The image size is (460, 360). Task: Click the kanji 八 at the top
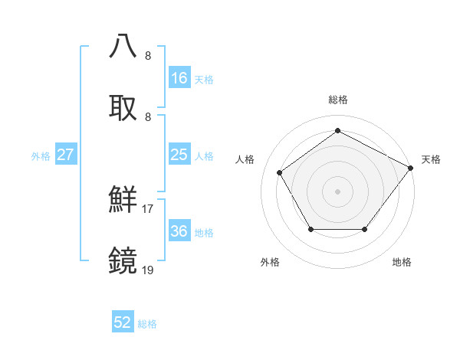[x=123, y=45]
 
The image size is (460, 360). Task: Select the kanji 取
[x=123, y=106]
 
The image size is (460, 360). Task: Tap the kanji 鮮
[x=123, y=199]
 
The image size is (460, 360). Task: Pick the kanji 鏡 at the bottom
[x=123, y=260]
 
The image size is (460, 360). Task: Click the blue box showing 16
[x=179, y=77]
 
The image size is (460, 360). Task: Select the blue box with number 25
[x=179, y=155]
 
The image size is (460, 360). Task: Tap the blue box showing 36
[x=179, y=231]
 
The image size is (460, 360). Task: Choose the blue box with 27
[x=66, y=155]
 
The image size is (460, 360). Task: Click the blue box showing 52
[x=123, y=322]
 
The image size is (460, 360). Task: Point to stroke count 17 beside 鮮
[x=148, y=208]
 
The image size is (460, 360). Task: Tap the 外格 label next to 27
[x=41, y=155]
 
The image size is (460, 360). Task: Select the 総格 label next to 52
[x=147, y=324]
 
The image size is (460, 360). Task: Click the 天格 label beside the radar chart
[x=431, y=159]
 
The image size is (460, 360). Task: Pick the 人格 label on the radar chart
[x=245, y=159]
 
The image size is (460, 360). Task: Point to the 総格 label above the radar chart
[x=338, y=100]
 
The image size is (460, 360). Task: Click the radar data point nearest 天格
[x=410, y=168]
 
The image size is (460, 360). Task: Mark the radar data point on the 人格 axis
[x=281, y=172]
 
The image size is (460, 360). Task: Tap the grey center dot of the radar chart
[x=338, y=191]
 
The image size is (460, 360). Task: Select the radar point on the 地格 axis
[x=365, y=229]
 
